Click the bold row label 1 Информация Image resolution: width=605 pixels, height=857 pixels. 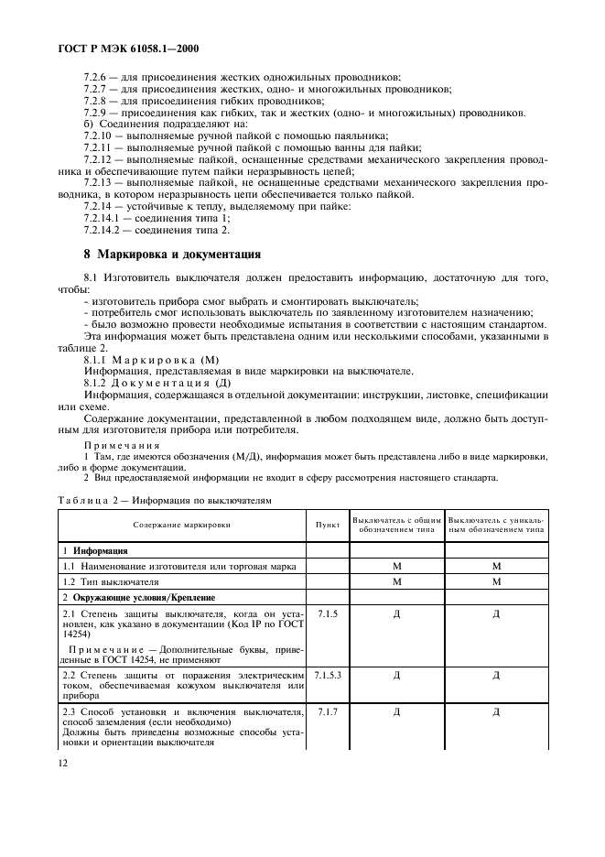pyautogui.click(x=95, y=551)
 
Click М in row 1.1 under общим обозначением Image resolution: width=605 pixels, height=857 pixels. pyautogui.click(x=397, y=567)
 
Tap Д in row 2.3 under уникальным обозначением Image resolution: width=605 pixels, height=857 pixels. pyautogui.click(x=495, y=711)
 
